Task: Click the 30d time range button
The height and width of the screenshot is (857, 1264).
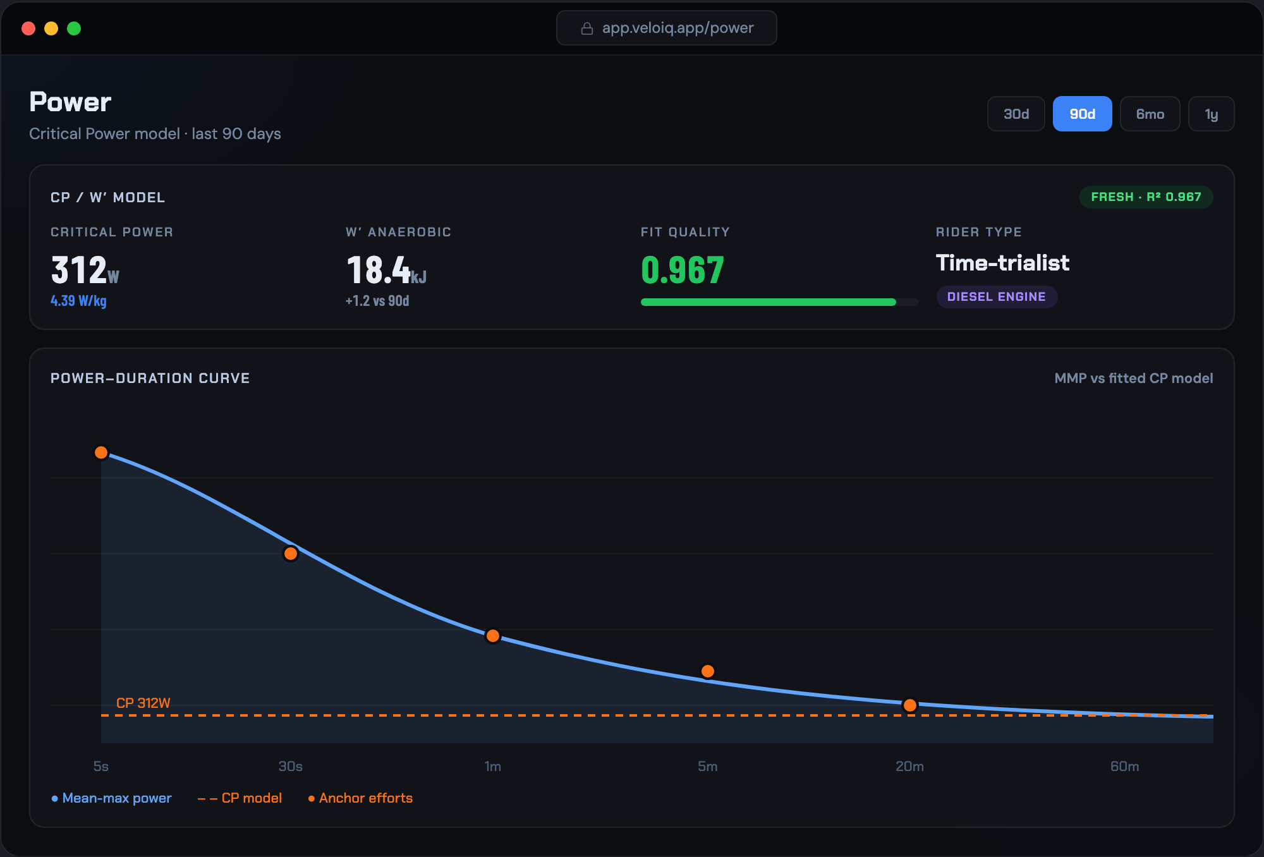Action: [x=1016, y=114]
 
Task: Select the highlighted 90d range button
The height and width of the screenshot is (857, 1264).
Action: [x=1082, y=114]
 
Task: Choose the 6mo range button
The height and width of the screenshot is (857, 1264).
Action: [x=1150, y=114]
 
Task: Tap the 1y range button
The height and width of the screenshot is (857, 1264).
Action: [x=1211, y=114]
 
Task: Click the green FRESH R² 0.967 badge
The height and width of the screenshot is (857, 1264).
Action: [x=1146, y=197]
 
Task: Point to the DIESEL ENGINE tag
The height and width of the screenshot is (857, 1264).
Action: [x=997, y=296]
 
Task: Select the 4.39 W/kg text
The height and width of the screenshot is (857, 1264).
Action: [x=78, y=301]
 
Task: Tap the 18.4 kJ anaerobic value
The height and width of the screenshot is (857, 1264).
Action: [x=386, y=270]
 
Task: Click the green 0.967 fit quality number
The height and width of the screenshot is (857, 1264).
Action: [x=683, y=270]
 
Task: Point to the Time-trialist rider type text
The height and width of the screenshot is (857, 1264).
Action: [x=1002, y=263]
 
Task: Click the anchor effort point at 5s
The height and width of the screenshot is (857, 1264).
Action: [x=101, y=453]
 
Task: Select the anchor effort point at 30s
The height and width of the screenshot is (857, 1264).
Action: [x=291, y=554]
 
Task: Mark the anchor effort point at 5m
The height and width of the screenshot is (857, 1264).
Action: [x=708, y=671]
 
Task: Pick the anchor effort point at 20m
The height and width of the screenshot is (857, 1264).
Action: [x=910, y=705]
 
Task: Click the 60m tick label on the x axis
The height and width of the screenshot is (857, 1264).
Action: [x=1124, y=767]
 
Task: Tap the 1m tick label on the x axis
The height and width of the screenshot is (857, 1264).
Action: [x=492, y=767]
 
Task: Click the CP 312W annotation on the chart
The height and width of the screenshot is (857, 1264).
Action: [x=143, y=703]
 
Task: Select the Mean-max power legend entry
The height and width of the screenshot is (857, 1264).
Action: [x=111, y=798]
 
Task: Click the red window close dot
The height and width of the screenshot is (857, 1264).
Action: [x=28, y=28]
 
